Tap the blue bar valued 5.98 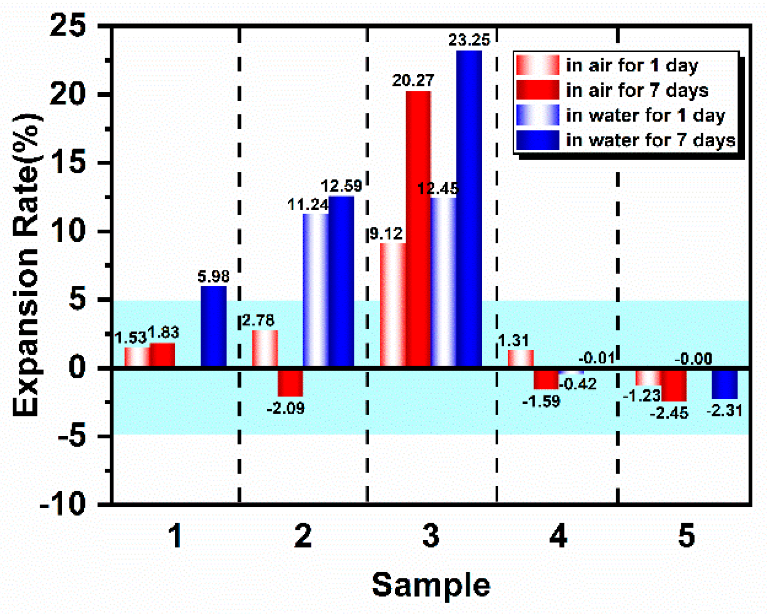click(x=213, y=326)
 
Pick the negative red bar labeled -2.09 click(x=290, y=383)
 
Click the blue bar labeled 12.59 click(x=341, y=281)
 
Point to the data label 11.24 click(x=308, y=205)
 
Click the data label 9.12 click(x=386, y=234)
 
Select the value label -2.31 click(x=724, y=411)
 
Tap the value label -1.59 click(x=541, y=401)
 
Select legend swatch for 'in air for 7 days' click(x=538, y=90)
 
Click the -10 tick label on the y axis click(x=63, y=504)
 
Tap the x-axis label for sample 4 click(x=558, y=536)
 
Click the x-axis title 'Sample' click(x=431, y=585)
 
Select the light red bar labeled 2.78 click(x=265, y=348)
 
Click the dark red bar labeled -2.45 click(x=674, y=386)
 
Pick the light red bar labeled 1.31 click(x=520, y=358)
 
